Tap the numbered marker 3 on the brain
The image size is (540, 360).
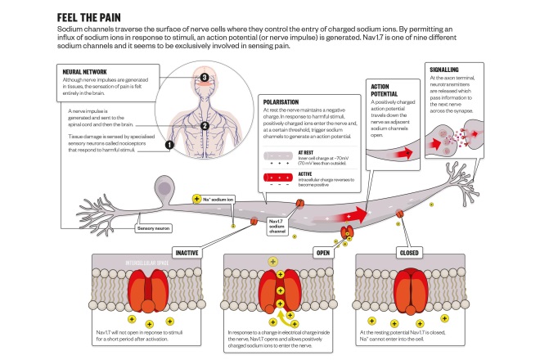coord(205,79)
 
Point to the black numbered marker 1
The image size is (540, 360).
coord(170,144)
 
